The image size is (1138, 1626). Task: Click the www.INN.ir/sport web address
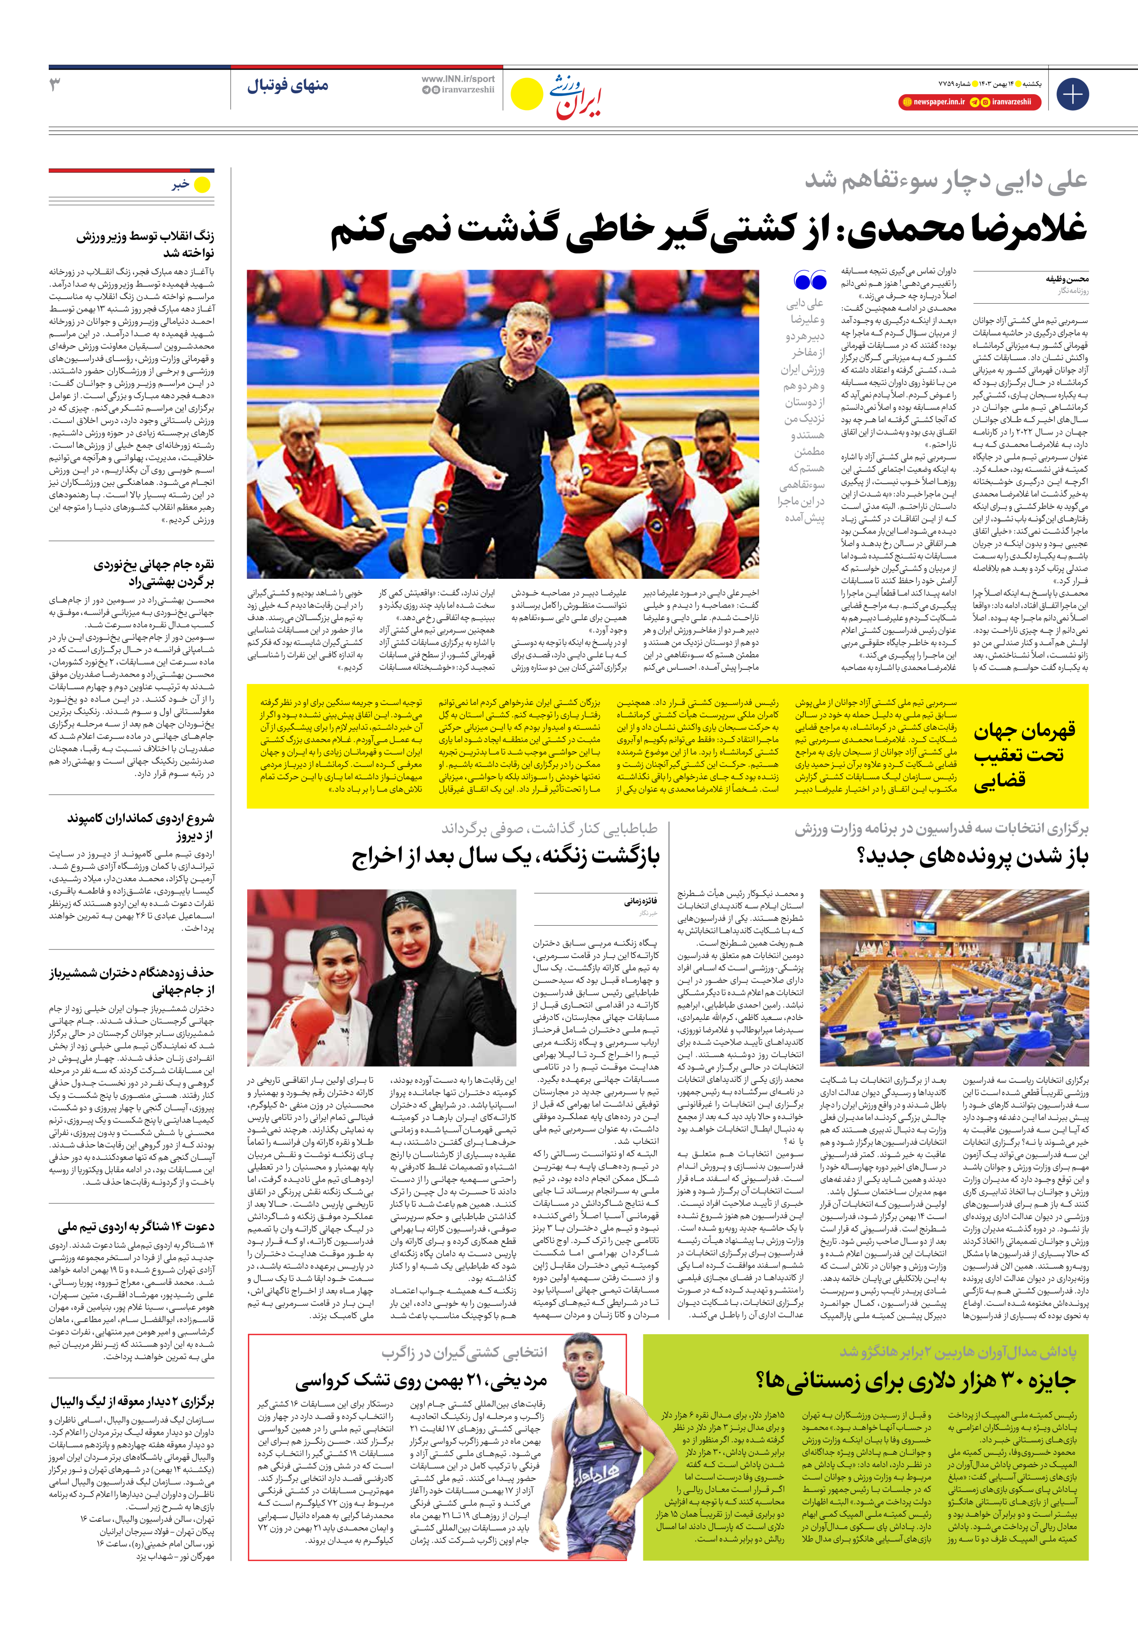pyautogui.click(x=457, y=79)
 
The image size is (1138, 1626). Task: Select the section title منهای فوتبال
pyautogui.click(x=288, y=86)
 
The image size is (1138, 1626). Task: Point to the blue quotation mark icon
pyautogui.click(x=810, y=281)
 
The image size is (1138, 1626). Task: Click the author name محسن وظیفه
pyautogui.click(x=1067, y=279)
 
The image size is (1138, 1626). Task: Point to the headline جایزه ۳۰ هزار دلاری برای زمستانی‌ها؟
pyautogui.click(x=916, y=1380)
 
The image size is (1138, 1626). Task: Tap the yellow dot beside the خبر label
pyautogui.click(x=203, y=185)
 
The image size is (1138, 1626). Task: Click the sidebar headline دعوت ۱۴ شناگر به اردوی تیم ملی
pyautogui.click(x=136, y=1226)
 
